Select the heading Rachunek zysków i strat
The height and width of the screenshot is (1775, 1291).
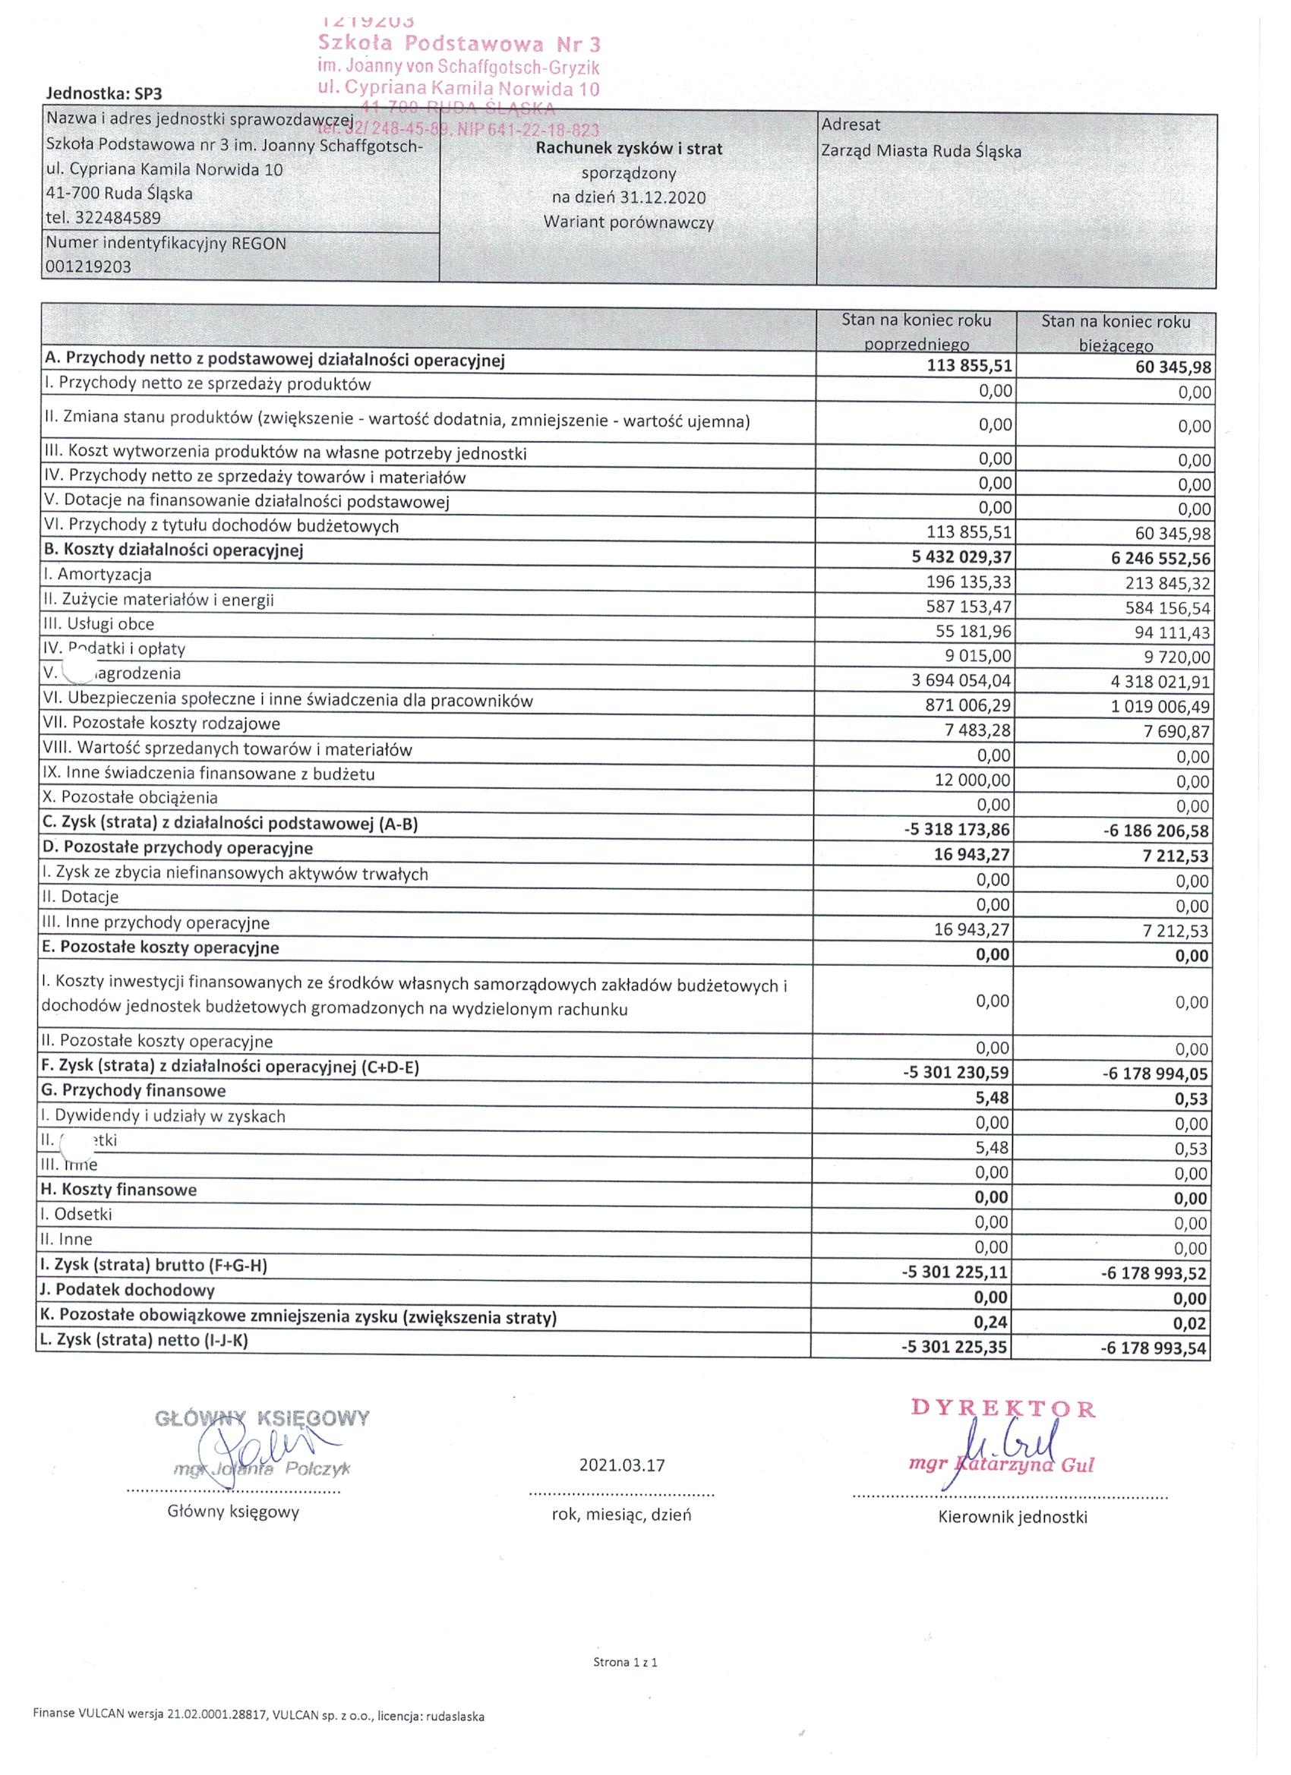(629, 149)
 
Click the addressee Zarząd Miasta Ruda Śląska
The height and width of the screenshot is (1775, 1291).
(920, 152)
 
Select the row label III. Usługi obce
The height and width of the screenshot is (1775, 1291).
(99, 625)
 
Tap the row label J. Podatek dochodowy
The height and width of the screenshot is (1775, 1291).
(126, 1290)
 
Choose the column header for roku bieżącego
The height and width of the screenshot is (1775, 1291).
(1115, 333)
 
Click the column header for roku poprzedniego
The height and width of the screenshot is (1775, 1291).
(916, 332)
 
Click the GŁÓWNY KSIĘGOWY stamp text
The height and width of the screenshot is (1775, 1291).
(262, 1418)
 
